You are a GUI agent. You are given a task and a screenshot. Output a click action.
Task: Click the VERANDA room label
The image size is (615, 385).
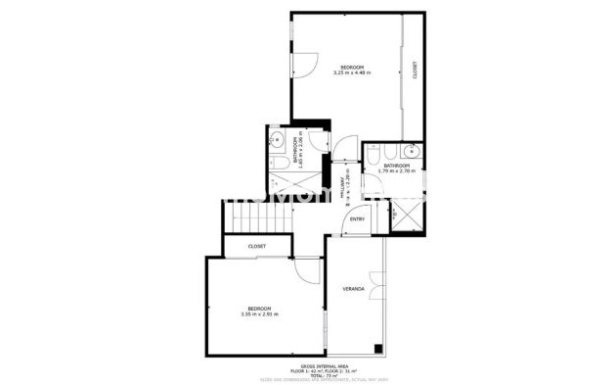[x=353, y=290]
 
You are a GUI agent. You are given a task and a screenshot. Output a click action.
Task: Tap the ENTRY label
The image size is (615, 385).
[x=357, y=219]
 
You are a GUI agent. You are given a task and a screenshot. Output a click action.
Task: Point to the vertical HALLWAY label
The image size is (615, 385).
[x=343, y=186]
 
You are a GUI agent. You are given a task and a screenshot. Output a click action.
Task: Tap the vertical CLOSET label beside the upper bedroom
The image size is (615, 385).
[x=415, y=72]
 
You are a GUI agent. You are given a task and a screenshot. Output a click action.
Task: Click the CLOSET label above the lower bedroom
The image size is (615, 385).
[x=257, y=246]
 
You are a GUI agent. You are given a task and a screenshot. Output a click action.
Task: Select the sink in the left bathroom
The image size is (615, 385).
[x=277, y=138]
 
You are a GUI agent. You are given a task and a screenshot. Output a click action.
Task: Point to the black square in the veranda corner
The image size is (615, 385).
[x=375, y=348]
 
